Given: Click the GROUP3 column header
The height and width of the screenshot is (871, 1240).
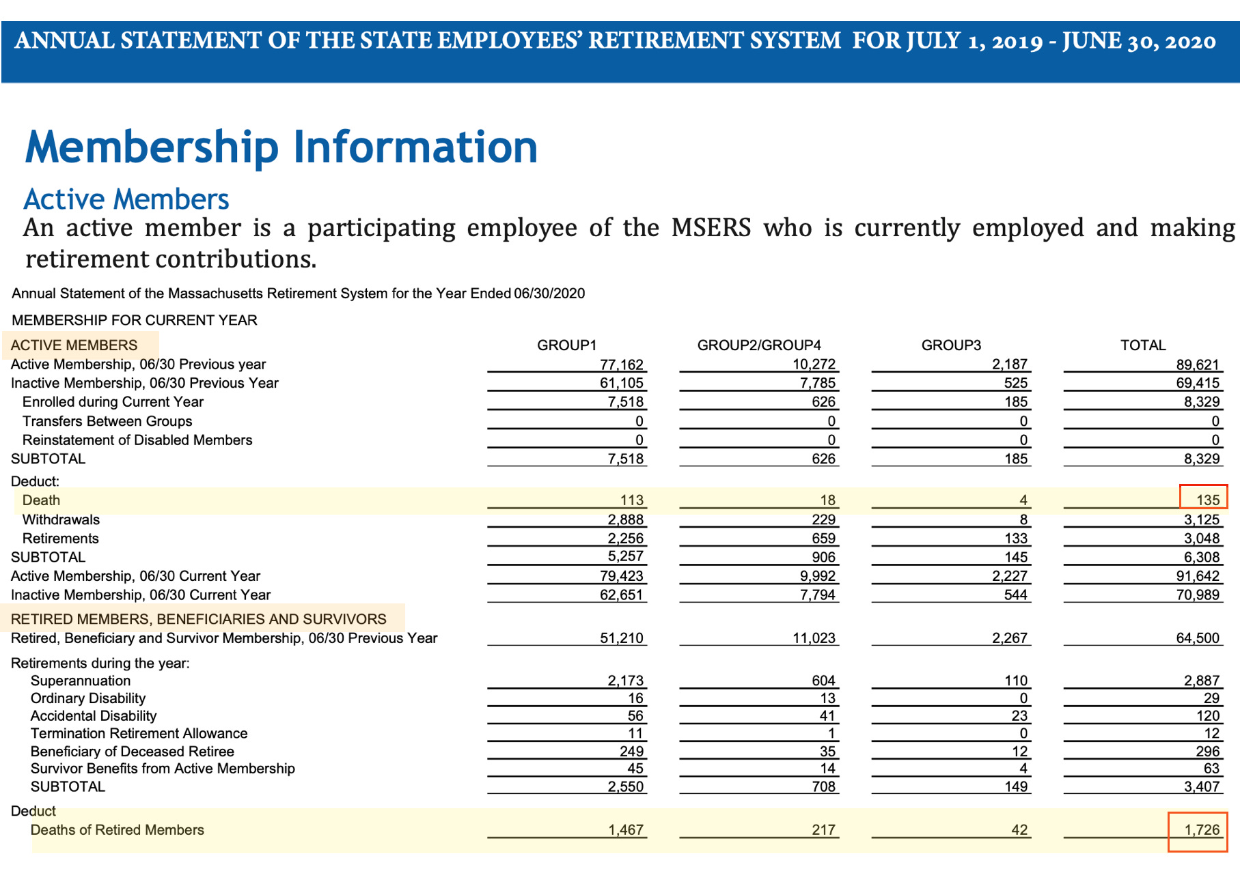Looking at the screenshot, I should pyautogui.click(x=951, y=345).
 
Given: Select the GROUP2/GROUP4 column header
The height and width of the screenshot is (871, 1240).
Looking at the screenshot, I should pyautogui.click(x=759, y=345).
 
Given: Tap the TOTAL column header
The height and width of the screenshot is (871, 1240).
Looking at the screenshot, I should pyautogui.click(x=1143, y=345).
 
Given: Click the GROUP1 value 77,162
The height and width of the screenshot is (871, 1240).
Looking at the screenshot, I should pyautogui.click(x=622, y=365).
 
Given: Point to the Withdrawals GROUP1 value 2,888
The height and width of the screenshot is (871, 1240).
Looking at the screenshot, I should pyautogui.click(x=625, y=519).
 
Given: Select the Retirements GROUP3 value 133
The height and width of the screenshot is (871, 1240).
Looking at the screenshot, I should pyautogui.click(x=1016, y=539).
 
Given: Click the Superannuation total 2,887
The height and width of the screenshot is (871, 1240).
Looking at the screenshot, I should pyautogui.click(x=1202, y=681).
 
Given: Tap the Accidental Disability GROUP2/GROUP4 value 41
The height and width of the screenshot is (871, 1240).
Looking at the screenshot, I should pyautogui.click(x=827, y=715).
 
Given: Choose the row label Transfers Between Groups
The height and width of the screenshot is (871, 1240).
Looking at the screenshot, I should pyautogui.click(x=107, y=421).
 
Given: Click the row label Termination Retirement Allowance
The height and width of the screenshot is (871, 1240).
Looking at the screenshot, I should pyautogui.click(x=139, y=733).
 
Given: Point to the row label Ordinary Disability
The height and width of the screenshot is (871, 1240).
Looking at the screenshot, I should pyautogui.click(x=88, y=698).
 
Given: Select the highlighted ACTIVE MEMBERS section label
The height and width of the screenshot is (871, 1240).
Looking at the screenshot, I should pyautogui.click(x=74, y=345).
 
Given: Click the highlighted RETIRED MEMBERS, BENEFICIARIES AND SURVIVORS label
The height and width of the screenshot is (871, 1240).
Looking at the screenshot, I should pyautogui.click(x=199, y=619).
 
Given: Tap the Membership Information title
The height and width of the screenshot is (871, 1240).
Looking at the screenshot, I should pyautogui.click(x=281, y=147).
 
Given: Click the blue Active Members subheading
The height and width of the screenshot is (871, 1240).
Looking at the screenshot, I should pyautogui.click(x=126, y=199).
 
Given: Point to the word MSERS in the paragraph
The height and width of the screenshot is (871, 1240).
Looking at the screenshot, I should pyautogui.click(x=711, y=228).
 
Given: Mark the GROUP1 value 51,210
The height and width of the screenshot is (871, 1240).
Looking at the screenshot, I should pyautogui.click(x=622, y=638).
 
